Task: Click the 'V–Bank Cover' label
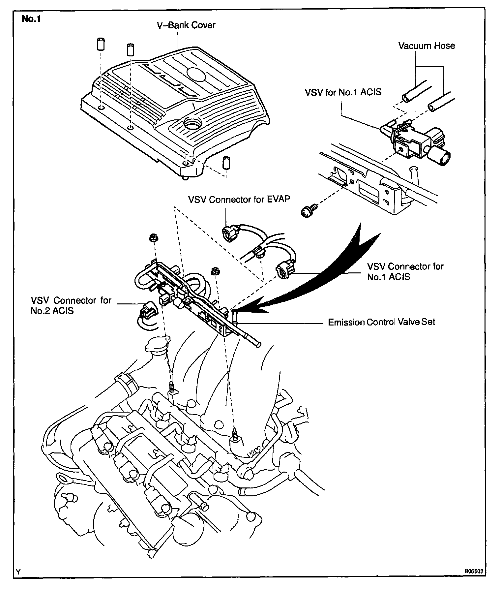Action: pos(186,25)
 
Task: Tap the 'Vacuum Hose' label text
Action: pos(427,46)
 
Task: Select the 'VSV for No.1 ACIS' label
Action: pos(343,92)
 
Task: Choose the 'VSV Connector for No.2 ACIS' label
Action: pos(71,305)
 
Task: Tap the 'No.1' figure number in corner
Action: pos(31,19)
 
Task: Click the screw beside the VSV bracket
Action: pos(309,210)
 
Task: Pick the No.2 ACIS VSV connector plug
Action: pos(147,310)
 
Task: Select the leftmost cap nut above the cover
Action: pos(101,45)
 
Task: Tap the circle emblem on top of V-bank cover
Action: pos(195,73)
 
